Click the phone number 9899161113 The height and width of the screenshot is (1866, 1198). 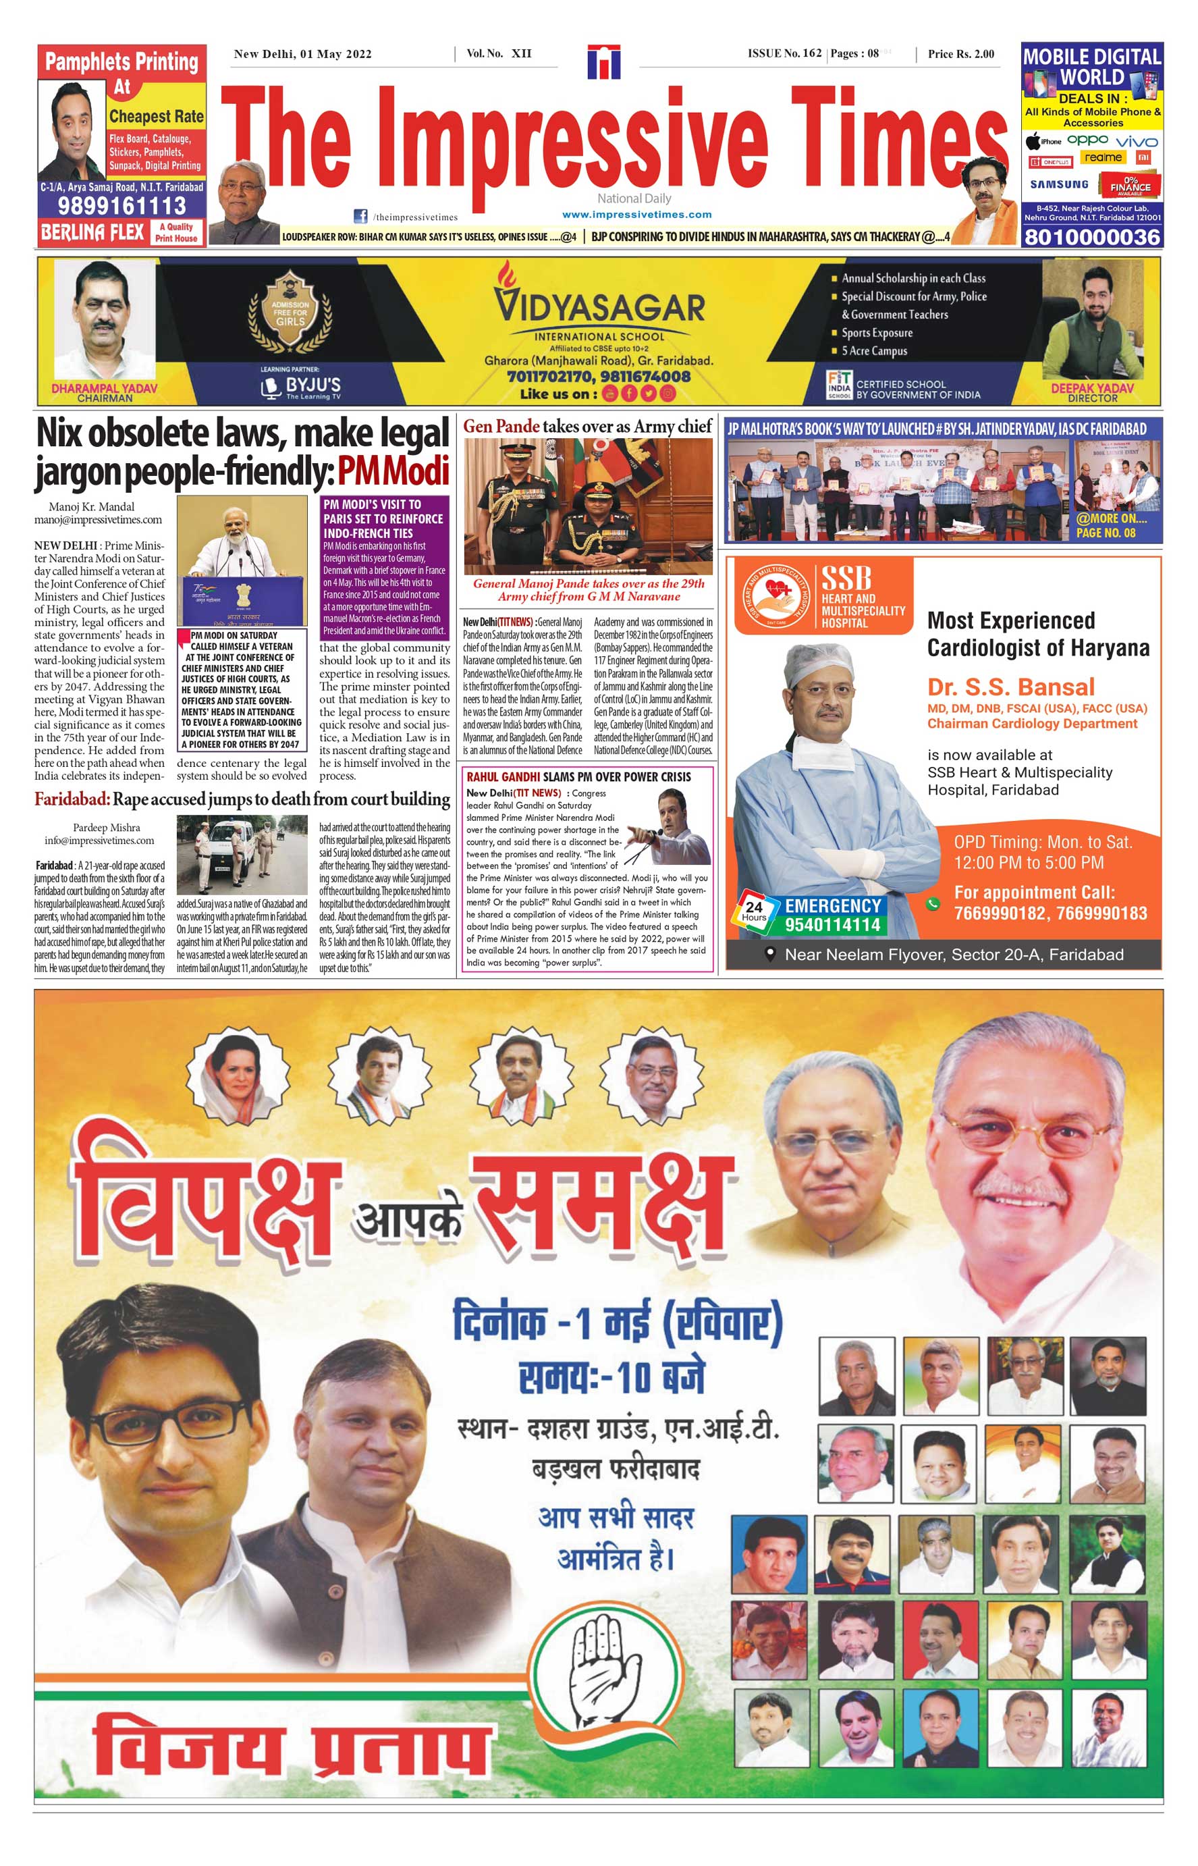[122, 206]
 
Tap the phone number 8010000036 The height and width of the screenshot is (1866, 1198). [1092, 238]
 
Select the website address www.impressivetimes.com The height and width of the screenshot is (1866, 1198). [636, 215]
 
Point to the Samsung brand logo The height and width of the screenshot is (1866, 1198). [1059, 184]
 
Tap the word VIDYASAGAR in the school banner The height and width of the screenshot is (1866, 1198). [600, 307]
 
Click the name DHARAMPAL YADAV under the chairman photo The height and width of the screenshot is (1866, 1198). [104, 388]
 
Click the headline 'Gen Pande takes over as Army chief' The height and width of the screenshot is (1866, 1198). [587, 427]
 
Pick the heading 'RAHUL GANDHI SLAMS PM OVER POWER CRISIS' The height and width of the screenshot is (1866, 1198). [578, 776]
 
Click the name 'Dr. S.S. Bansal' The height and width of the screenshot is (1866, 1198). [1010, 687]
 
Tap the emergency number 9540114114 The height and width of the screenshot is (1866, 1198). [832, 924]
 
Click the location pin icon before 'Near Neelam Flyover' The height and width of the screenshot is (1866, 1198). [770, 954]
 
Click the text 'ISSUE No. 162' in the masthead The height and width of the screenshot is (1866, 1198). [784, 54]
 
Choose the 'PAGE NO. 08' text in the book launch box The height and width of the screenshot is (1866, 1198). [1106, 533]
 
